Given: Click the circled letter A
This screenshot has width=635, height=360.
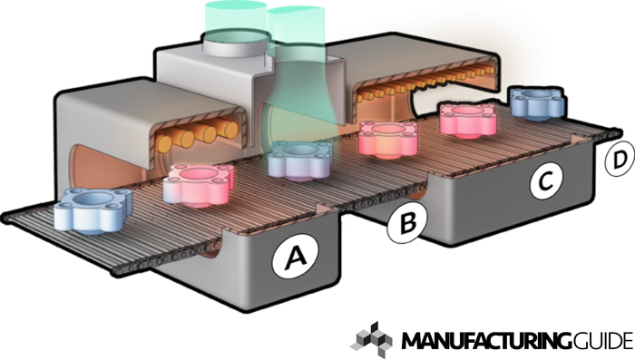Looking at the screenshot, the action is tap(295, 257).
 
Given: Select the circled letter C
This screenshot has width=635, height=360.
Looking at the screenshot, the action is tap(547, 180).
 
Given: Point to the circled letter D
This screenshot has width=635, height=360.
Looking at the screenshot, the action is tap(620, 159).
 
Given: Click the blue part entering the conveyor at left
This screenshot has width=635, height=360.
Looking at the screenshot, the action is tap(93, 210).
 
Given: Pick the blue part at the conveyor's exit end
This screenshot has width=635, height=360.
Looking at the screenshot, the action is tap(538, 102).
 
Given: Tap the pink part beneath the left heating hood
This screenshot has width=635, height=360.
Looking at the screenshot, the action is tap(199, 185).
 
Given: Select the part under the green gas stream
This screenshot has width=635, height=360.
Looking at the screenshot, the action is tap(300, 161).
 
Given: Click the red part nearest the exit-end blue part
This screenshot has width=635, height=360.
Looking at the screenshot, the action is tap(469, 120).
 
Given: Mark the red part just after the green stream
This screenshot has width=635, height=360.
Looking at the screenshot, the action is tap(388, 139).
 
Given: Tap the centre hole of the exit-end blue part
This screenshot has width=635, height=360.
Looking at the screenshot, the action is tap(538, 94).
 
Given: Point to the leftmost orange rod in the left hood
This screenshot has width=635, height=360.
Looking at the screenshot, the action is tap(165, 143).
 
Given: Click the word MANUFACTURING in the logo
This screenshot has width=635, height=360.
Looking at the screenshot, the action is tap(486, 341).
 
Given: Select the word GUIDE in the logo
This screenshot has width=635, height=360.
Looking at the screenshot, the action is tap(603, 341).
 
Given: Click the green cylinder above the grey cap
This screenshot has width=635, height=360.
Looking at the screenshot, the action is tap(235, 19).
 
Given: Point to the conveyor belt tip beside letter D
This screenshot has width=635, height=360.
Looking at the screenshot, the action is tap(616, 132).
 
